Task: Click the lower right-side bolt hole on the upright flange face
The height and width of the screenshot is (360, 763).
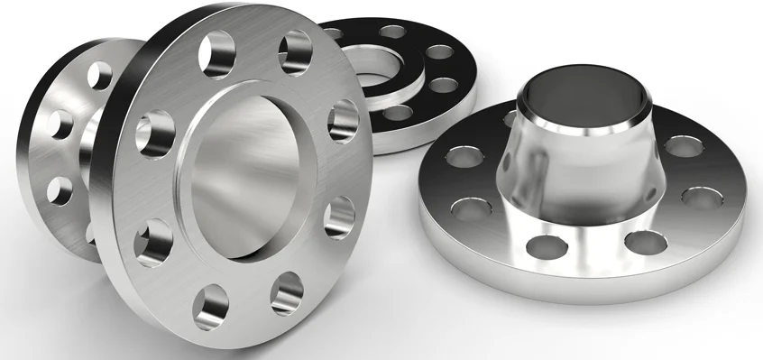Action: point(338,217)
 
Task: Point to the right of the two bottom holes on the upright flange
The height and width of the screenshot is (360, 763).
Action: point(287,292)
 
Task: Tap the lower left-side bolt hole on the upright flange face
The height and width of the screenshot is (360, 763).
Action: point(152,239)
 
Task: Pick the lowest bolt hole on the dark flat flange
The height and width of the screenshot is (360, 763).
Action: point(397,114)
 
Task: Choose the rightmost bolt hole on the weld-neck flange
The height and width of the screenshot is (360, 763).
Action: point(702,197)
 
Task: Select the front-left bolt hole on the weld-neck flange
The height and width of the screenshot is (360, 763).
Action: point(467,210)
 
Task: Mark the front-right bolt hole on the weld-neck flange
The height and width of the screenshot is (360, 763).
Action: point(642,241)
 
